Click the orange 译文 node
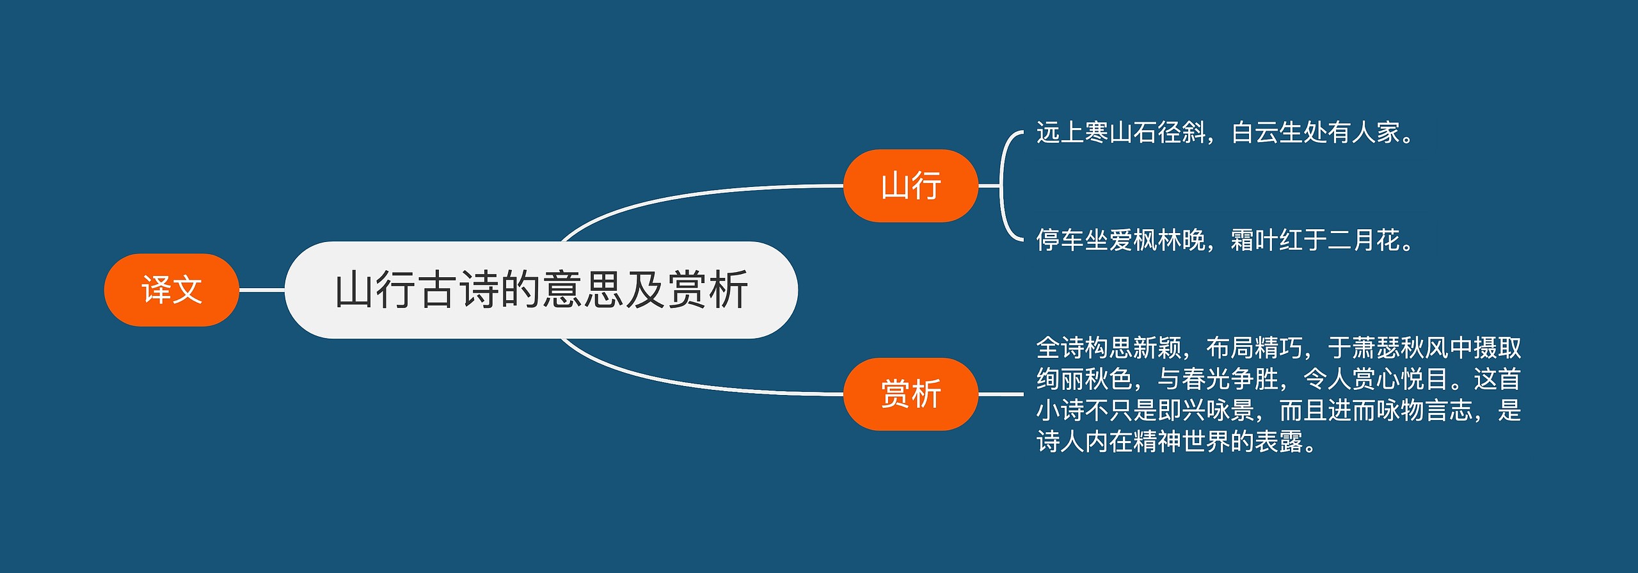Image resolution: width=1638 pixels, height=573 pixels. tap(171, 290)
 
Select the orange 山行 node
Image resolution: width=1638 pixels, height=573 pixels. tap(910, 186)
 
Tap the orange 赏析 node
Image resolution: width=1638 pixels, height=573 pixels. tap(910, 394)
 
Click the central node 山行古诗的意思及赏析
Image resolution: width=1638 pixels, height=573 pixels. tap(541, 290)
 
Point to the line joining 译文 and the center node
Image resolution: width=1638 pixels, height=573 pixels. tap(262, 290)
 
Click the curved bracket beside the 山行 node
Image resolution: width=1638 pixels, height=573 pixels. tap(1002, 186)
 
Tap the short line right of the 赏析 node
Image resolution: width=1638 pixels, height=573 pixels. tap(1001, 394)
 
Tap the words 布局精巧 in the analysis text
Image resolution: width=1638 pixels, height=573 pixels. tap(1254, 348)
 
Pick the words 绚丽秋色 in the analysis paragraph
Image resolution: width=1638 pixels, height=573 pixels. tap(1085, 379)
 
